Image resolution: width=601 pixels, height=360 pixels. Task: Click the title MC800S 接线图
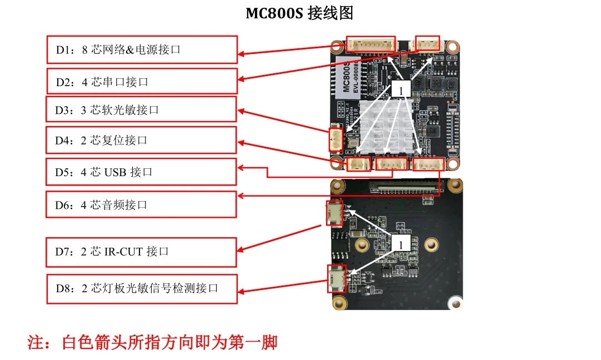point(299,13)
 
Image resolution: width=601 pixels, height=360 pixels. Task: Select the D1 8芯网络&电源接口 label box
point(142,49)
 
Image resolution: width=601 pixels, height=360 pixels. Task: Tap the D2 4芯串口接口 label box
point(142,82)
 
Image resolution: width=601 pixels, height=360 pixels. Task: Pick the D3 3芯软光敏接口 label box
point(142,109)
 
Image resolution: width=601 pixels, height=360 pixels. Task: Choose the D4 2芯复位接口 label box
point(142,140)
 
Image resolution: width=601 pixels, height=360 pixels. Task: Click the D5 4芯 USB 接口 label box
point(142,172)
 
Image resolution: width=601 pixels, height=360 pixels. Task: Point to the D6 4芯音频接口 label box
point(142,204)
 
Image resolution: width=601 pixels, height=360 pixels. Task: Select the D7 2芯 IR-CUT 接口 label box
point(142,252)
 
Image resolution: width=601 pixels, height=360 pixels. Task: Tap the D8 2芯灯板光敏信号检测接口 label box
point(142,288)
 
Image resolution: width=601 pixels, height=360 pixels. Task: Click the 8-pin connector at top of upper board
point(371,44)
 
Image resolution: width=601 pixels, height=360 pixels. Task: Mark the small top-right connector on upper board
point(428,43)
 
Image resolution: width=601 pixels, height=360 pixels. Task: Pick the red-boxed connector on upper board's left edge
point(336,139)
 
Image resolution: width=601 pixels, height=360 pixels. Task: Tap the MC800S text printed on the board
point(346,76)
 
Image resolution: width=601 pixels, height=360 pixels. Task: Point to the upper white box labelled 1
point(402,89)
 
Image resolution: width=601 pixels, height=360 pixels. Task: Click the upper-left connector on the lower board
point(335,213)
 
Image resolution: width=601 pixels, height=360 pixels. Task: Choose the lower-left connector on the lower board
point(336,279)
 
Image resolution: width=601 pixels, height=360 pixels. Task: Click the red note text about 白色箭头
point(153,342)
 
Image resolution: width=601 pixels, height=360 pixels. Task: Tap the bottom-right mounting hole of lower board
point(455,302)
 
